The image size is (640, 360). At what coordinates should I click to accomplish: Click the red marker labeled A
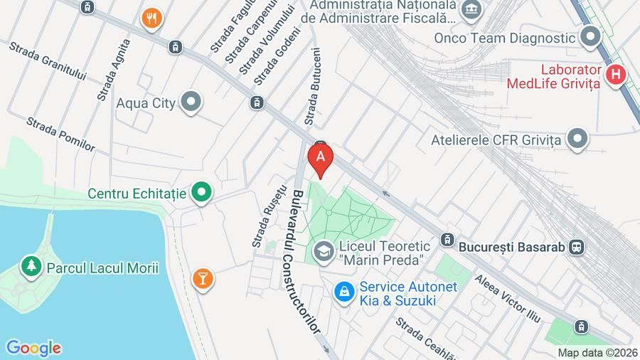321,159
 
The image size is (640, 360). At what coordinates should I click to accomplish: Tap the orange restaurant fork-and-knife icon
151,18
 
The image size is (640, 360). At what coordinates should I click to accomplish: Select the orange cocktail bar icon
203,279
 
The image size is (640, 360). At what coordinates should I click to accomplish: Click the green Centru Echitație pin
203,193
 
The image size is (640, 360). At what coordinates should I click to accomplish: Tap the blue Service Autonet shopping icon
345,291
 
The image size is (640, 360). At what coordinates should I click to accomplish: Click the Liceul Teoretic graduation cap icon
324,251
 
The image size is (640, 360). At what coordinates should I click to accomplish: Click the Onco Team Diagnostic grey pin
590,38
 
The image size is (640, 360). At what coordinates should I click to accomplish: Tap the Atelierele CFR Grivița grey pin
578,139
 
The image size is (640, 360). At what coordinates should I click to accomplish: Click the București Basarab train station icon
577,247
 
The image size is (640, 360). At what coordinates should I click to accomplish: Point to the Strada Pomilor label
60,134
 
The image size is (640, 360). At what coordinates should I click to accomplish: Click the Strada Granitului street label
48,61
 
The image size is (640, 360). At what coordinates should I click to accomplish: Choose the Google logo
33,348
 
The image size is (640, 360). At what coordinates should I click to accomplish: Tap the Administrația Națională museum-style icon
470,9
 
